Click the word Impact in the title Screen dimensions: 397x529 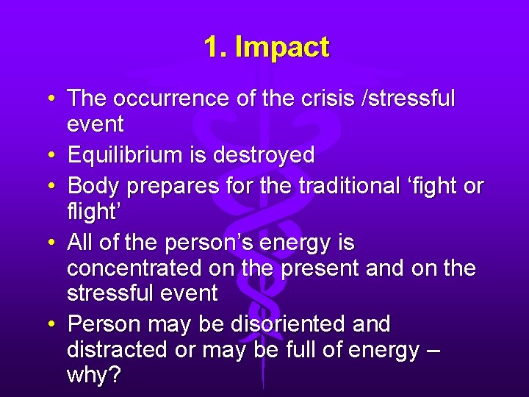point(281,48)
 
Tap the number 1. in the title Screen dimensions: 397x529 point(215,48)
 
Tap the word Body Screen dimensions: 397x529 point(93,187)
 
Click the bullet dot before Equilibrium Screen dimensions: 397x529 point(54,156)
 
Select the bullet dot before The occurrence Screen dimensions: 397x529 point(54,99)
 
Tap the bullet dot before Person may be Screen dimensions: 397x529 point(54,324)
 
